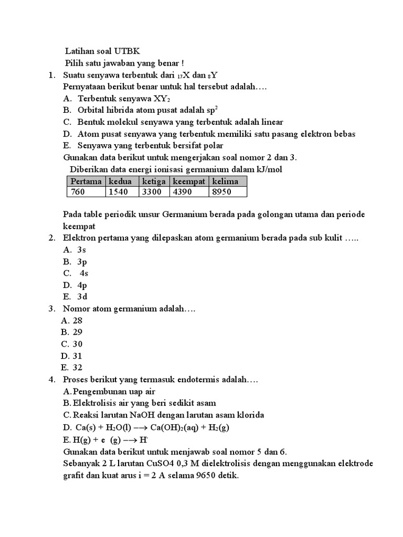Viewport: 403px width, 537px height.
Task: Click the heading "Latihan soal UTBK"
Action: coord(102,51)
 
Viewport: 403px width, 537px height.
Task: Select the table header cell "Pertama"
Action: coord(86,181)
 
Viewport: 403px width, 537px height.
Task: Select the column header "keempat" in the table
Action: coord(188,181)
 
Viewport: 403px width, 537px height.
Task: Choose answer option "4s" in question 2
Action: coord(83,273)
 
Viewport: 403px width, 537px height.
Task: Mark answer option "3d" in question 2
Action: coord(82,296)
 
